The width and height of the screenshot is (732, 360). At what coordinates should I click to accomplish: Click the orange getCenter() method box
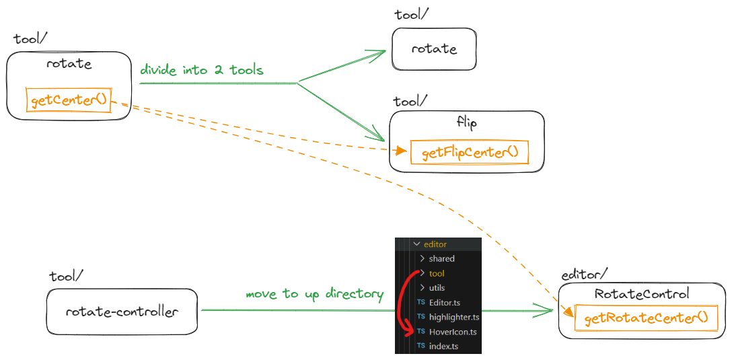pos(69,100)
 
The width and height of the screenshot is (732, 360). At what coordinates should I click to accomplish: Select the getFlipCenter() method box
pos(470,153)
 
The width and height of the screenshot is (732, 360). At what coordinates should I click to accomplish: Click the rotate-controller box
pos(122,312)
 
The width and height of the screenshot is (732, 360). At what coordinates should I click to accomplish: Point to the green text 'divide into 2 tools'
pos(201,70)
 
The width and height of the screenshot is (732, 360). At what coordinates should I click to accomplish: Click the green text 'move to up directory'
pos(314,294)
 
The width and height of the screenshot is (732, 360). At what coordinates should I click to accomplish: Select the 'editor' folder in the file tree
pos(435,244)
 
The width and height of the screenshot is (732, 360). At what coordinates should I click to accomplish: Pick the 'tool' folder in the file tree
pos(436,273)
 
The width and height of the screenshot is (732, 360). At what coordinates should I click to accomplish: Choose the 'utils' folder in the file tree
pos(436,288)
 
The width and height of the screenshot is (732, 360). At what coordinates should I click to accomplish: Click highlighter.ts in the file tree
pos(453,317)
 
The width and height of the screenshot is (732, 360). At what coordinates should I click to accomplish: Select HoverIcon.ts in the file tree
pos(452,332)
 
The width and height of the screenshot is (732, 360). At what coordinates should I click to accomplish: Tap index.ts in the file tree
pos(443,346)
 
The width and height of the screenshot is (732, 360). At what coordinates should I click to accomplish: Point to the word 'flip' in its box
pos(466,123)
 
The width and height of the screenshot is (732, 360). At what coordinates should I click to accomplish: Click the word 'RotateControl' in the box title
pos(642,294)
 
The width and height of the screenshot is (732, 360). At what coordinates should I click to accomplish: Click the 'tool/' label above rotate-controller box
pos(66,277)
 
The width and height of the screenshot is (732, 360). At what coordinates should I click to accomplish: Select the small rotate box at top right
pos(434,49)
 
